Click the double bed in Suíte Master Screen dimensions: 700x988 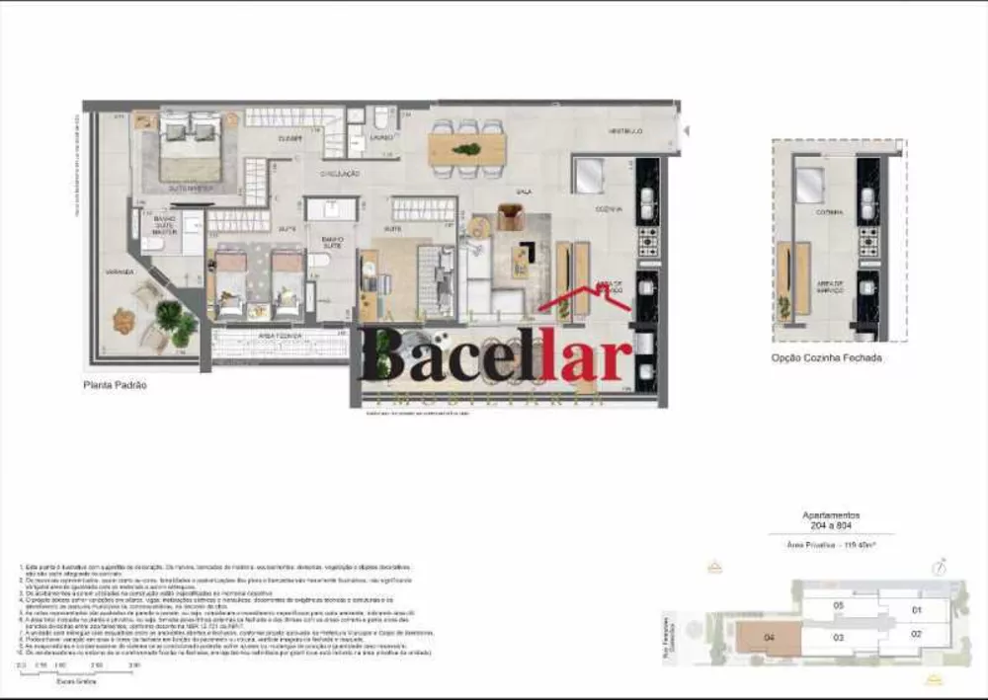tap(191, 148)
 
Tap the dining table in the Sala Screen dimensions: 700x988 tap(466, 150)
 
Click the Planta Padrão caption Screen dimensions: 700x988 tap(115, 385)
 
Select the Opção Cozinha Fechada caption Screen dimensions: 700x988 tap(826, 358)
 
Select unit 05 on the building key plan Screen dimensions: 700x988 tap(838, 605)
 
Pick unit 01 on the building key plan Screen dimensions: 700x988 tap(915, 609)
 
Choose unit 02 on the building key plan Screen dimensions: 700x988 tap(915, 633)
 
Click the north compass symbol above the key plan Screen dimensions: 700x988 tap(940, 566)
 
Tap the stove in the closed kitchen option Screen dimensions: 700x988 tap(868, 240)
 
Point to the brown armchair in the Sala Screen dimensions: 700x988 tap(509, 216)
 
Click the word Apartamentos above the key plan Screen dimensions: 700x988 tap(830, 515)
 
